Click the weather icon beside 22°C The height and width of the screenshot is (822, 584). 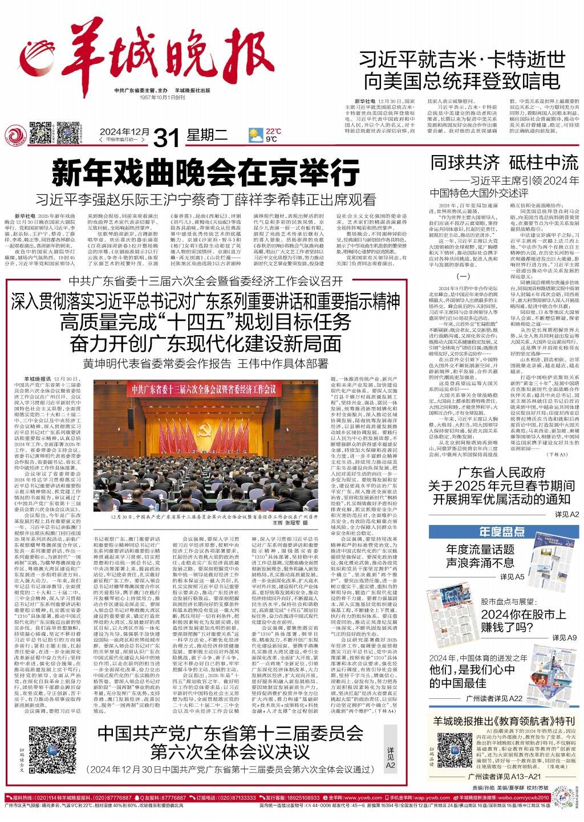[x=255, y=135]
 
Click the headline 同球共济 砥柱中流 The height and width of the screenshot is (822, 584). [x=504, y=162]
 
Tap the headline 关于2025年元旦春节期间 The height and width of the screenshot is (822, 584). [x=501, y=486]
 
